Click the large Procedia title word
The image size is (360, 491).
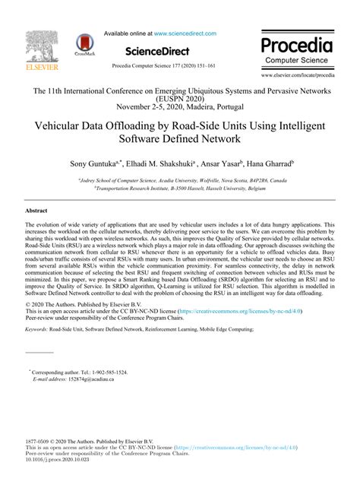(x=296, y=44)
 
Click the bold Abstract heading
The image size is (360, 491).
(x=36, y=210)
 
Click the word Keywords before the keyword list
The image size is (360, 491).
(x=37, y=331)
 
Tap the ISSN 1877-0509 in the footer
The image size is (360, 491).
(x=38, y=441)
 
